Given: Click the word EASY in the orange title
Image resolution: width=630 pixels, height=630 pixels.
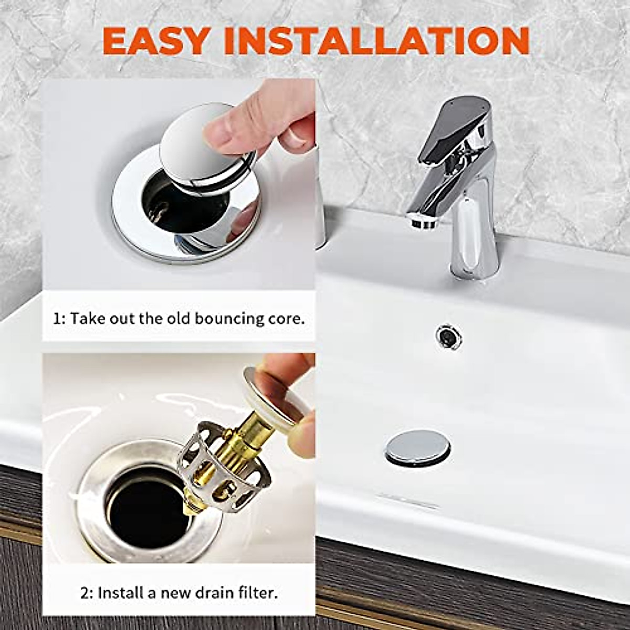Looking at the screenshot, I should pyautogui.click(x=155, y=40).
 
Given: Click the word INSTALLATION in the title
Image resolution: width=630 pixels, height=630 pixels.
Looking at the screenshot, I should pyautogui.click(x=376, y=40).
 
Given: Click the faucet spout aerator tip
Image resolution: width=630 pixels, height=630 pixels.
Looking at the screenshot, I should pyautogui.click(x=423, y=221).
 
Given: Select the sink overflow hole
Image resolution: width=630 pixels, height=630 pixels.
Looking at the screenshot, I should pyautogui.click(x=449, y=337).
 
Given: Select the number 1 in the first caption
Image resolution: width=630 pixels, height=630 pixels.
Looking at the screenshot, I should pyautogui.click(x=57, y=319).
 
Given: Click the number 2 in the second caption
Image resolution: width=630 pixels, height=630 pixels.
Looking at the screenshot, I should pyautogui.click(x=86, y=594).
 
